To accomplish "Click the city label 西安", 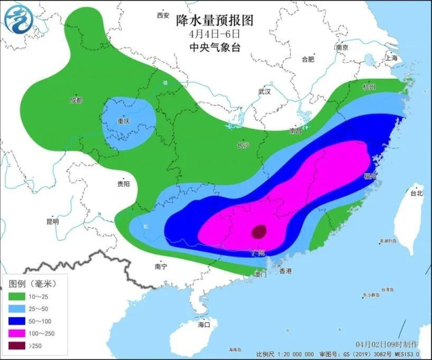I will coord(163,15).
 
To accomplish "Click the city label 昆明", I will coord(52,221).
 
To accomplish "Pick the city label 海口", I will coord(204,324).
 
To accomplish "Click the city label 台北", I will coord(417,193).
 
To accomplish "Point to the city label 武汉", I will coord(265,91).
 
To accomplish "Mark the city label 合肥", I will coord(308,59).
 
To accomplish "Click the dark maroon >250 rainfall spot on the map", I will coord(260,232).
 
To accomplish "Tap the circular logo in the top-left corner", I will coord(18,18).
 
